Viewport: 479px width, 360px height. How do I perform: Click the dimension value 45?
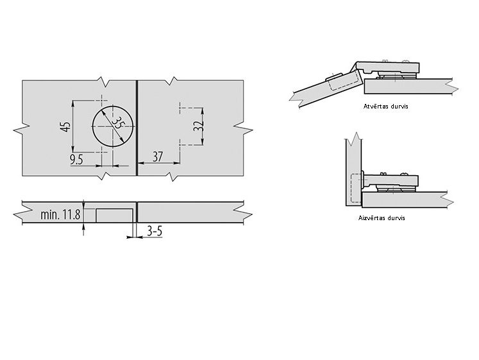click(x=66, y=127)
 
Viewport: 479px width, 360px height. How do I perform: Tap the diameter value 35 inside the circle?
click(x=118, y=123)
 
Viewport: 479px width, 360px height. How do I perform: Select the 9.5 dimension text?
click(x=76, y=160)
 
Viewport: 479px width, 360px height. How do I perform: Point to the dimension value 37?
click(x=158, y=157)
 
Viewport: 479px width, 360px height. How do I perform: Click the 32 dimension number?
click(x=198, y=126)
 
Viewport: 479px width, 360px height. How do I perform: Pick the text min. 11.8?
click(x=60, y=214)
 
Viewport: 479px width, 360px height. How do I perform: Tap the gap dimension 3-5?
click(x=155, y=232)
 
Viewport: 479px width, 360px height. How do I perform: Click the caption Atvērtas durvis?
click(x=385, y=107)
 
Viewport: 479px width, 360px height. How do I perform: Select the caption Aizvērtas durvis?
click(x=382, y=218)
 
